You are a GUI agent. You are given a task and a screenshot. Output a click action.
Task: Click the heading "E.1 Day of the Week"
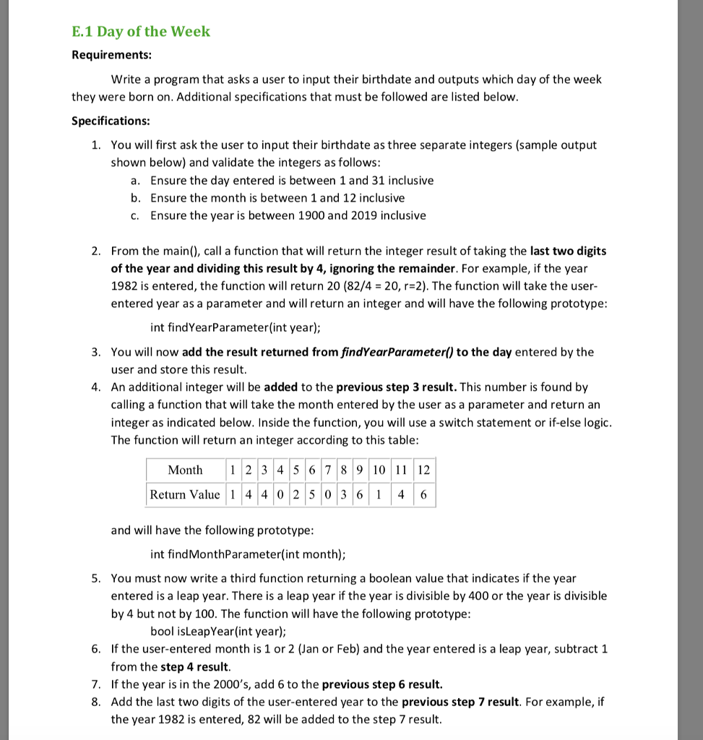pyautogui.click(x=141, y=31)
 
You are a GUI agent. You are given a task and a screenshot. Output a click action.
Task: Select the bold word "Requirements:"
pyautogui.click(x=111, y=56)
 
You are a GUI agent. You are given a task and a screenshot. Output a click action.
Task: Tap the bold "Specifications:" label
pyautogui.click(x=111, y=121)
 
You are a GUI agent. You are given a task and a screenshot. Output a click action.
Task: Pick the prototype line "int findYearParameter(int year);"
pyautogui.click(x=236, y=327)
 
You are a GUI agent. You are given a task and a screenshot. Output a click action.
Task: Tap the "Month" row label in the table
pyautogui.click(x=185, y=470)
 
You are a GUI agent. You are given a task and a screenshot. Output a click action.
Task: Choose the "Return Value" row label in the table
pyautogui.click(x=185, y=495)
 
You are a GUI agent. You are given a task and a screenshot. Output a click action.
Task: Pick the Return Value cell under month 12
pyautogui.click(x=423, y=495)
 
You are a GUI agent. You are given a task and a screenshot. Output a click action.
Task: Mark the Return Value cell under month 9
pyautogui.click(x=360, y=495)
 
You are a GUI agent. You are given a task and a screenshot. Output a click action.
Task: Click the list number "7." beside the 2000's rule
pyautogui.click(x=96, y=684)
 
